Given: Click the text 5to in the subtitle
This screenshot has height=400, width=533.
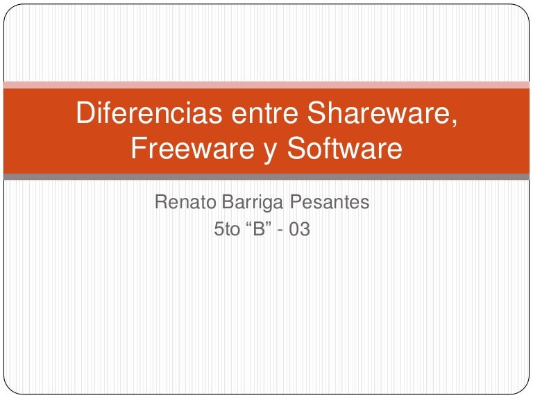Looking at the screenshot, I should (227, 228).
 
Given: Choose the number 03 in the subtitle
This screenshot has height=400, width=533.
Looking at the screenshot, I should (299, 228).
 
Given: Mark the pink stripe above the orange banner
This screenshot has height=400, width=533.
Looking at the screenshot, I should (266, 85).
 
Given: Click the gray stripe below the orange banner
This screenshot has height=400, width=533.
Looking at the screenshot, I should (266, 176).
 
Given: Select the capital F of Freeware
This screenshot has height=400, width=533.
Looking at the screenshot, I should (138, 149).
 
